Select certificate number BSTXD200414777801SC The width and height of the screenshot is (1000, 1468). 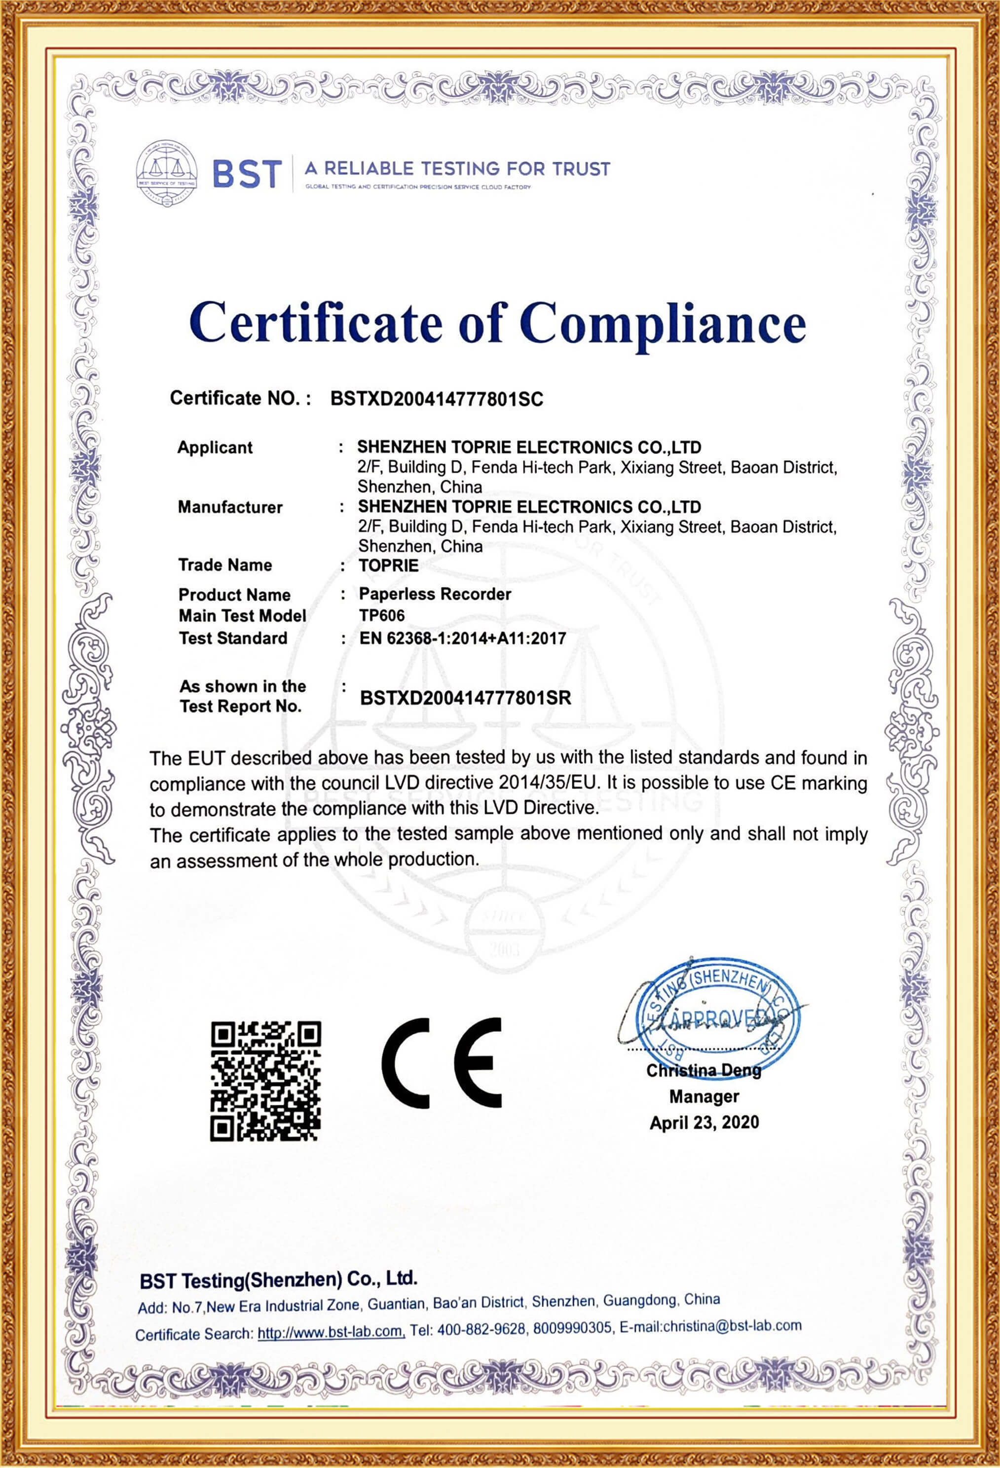(437, 399)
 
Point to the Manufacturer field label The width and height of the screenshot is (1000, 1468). (230, 507)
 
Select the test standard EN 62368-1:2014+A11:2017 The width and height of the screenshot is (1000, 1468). (462, 638)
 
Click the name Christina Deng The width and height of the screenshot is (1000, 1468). (704, 1070)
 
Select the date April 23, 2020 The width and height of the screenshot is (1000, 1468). (704, 1123)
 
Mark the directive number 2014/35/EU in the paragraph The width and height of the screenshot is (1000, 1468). (547, 783)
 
